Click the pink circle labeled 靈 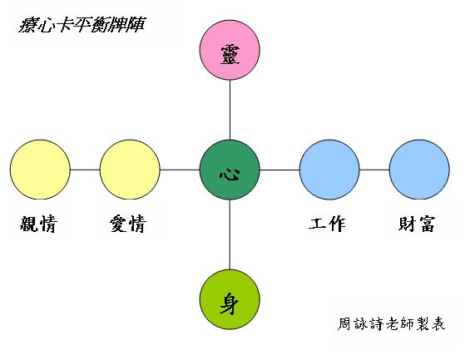[x=230, y=50]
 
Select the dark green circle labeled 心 [x=230, y=170]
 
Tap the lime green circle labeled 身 [x=230, y=299]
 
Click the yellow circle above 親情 [x=40, y=170]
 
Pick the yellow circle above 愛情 [x=130, y=170]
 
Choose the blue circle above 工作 [x=329, y=170]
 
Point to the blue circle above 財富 [x=419, y=170]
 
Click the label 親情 [x=38, y=224]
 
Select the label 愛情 [x=128, y=224]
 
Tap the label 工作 [x=327, y=224]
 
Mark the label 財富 [x=417, y=224]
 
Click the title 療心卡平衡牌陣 [x=82, y=25]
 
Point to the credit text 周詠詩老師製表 [x=391, y=323]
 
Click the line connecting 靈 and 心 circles [x=230, y=110]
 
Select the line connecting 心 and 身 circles [x=230, y=234]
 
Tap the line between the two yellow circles [x=85, y=170]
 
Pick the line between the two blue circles [x=374, y=170]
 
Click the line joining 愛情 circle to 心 [x=180, y=170]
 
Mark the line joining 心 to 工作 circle [x=280, y=170]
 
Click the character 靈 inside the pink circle [x=230, y=55]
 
